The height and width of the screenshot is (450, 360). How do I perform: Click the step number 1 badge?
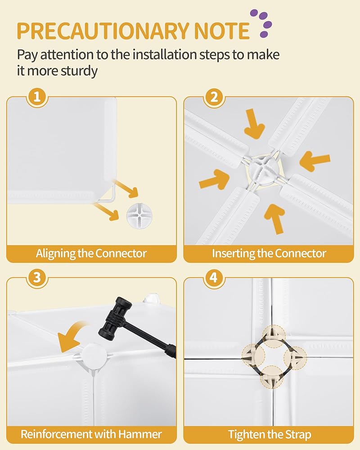point(37,97)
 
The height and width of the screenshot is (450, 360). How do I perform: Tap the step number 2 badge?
point(214,97)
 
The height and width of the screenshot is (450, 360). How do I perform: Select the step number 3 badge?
point(37,278)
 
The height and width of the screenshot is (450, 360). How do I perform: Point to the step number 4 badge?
point(214,278)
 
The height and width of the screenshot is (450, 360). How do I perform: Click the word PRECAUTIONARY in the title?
point(103,31)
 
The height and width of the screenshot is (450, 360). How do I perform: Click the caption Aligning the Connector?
point(91,254)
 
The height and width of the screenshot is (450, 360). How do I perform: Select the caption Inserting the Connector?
point(269,254)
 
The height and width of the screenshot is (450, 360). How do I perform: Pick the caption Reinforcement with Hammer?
point(91,434)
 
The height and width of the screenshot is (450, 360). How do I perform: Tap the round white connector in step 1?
point(139,216)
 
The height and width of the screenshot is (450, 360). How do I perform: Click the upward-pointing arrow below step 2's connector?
point(275,218)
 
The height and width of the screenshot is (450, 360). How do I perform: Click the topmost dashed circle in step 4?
point(274,336)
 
